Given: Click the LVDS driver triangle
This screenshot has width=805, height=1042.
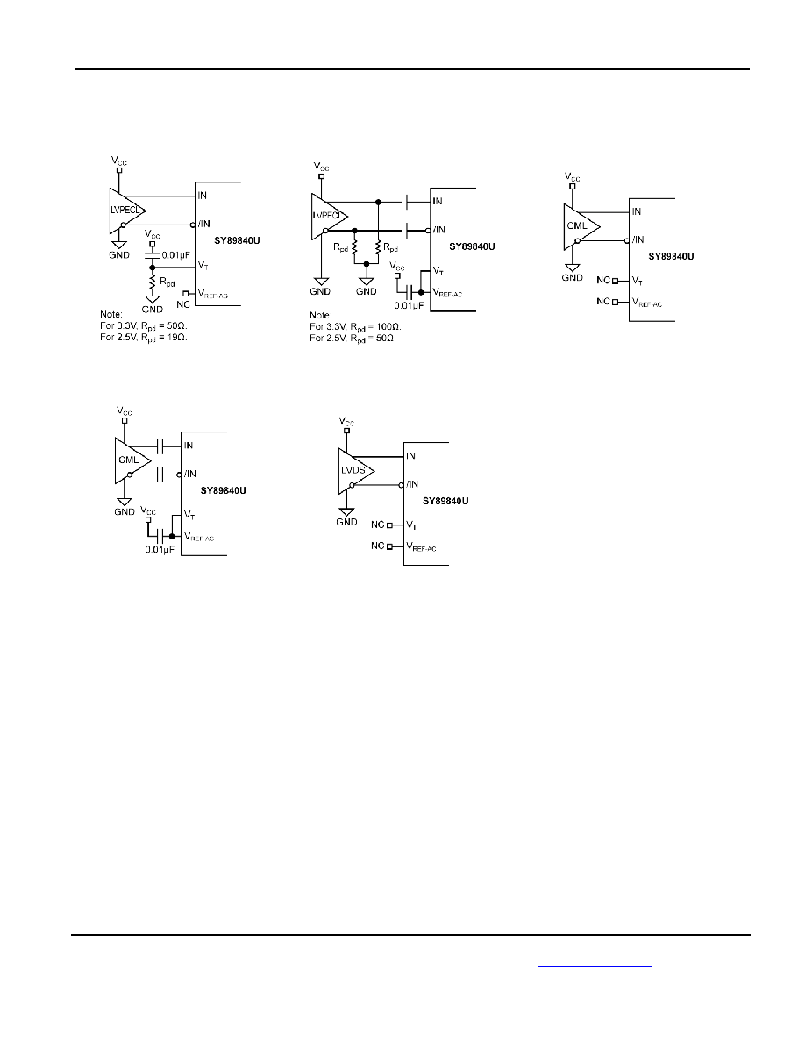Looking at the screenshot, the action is click(354, 470).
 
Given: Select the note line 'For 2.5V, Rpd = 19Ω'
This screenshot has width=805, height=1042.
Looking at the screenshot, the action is click(144, 338).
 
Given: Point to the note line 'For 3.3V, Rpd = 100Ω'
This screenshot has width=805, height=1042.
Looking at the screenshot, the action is click(355, 327).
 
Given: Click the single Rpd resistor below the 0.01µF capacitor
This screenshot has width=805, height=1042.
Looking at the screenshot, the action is click(152, 282).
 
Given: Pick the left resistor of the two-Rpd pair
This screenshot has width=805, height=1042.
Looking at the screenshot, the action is click(354, 248).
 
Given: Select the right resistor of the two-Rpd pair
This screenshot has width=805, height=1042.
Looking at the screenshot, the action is click(378, 248).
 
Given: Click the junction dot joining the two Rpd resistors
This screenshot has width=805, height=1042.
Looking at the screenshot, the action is click(366, 264).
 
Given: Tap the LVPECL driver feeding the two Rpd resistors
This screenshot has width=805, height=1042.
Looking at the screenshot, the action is click(328, 216).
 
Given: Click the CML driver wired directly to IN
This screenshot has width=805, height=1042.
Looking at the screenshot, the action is click(580, 226).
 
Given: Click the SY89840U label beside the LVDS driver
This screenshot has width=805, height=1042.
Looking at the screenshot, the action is click(445, 501).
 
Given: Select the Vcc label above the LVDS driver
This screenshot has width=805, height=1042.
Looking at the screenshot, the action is click(346, 421).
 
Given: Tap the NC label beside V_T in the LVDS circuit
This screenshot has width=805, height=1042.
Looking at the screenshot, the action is click(377, 525).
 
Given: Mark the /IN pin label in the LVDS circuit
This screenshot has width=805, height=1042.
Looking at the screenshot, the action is click(412, 484).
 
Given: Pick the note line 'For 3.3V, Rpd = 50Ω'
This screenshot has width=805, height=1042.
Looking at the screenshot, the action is click(144, 326).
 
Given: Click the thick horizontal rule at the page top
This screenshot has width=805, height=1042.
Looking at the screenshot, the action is click(412, 68).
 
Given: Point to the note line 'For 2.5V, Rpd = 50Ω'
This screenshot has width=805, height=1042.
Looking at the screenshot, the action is click(353, 339).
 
